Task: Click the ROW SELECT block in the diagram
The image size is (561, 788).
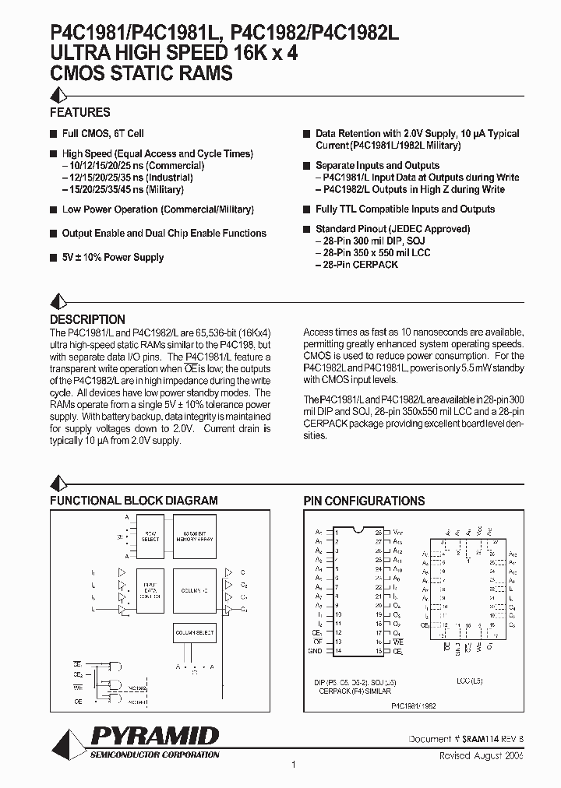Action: coord(151,536)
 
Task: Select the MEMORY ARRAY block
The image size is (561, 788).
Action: coord(195,536)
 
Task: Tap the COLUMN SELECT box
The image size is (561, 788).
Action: coord(195,631)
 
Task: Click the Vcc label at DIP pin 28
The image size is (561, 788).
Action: coord(398,529)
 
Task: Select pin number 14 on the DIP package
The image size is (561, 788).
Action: coord(337,650)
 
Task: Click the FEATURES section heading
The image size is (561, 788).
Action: coord(80,112)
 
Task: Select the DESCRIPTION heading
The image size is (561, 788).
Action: coord(87,319)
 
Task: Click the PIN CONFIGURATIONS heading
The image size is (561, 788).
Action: coord(364,501)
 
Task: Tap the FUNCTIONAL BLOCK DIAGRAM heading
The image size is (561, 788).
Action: coord(134,501)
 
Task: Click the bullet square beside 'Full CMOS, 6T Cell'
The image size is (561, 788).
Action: coord(54,134)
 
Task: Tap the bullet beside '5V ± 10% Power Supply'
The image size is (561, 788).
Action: coord(54,258)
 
